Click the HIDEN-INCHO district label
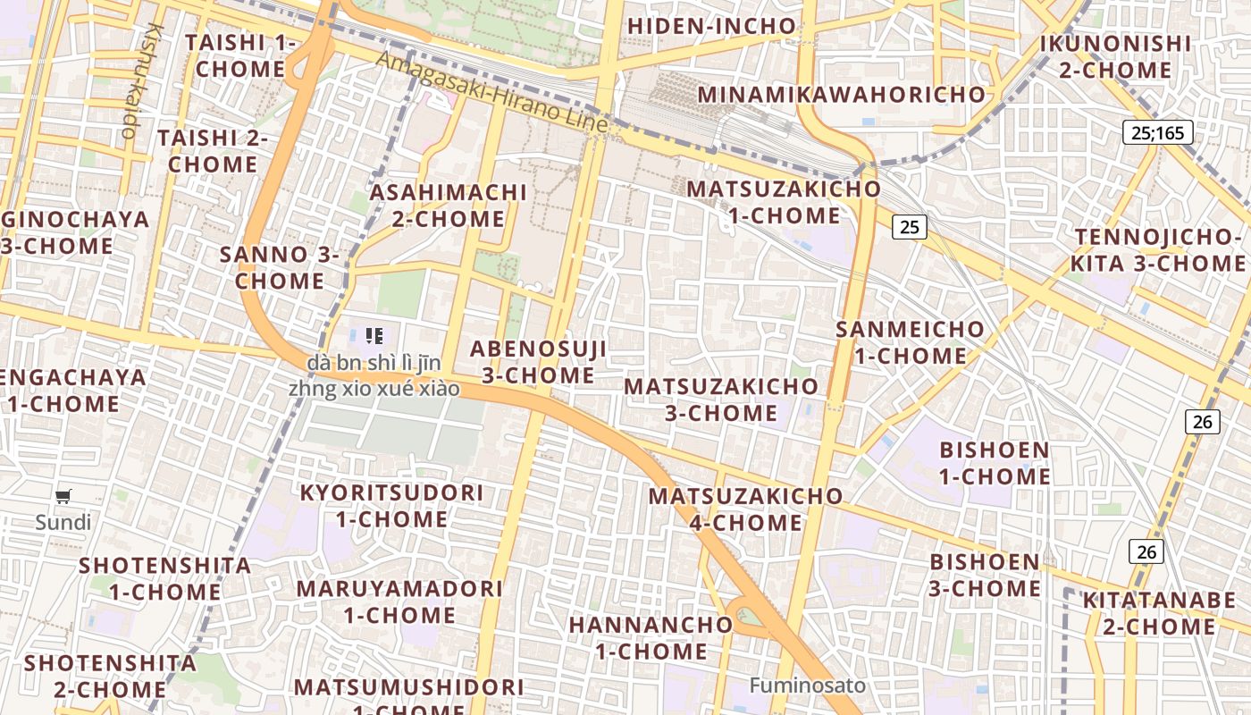tap(711, 26)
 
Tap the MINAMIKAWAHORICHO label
tap(842, 94)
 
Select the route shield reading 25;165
tap(1157, 133)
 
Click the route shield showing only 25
tap(909, 226)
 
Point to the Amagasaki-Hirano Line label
tap(491, 92)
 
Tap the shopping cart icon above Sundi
tap(63, 497)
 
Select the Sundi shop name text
tap(63, 522)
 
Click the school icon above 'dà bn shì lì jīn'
tap(374, 336)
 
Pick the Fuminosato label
tap(808, 686)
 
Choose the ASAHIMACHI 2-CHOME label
tap(449, 206)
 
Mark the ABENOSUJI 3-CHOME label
tap(539, 362)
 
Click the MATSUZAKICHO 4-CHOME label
tap(745, 509)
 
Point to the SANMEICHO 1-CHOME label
tap(910, 342)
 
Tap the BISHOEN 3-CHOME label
tap(986, 575)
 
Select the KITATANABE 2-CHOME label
tap(1159, 613)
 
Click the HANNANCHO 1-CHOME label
tap(638, 637)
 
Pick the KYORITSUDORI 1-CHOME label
tap(391, 506)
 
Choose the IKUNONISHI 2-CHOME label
tap(1115, 56)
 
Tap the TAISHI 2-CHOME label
tap(213, 151)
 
